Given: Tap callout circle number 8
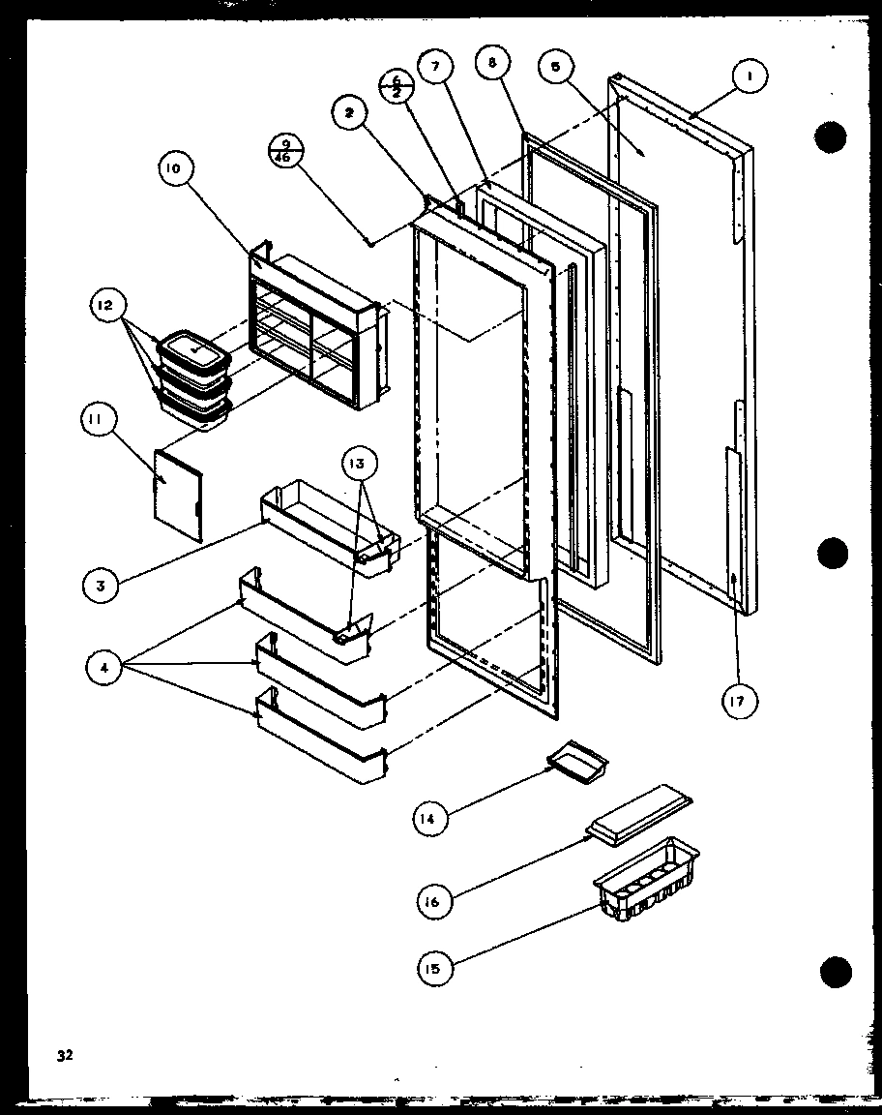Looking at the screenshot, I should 493,64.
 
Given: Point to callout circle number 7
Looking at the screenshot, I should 435,67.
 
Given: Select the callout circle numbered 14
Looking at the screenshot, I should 427,820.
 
